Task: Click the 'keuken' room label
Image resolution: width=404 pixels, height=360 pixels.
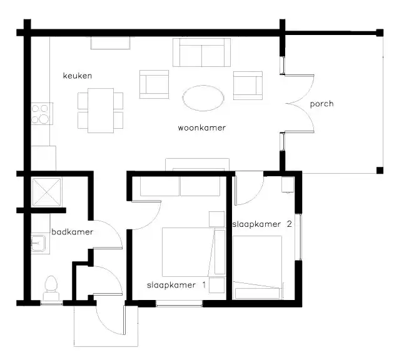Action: [x=78, y=76]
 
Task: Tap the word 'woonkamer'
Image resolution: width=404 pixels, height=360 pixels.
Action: [x=202, y=127]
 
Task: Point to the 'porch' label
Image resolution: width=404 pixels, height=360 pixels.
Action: [x=322, y=104]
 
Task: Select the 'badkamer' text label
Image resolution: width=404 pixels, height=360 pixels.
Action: [x=72, y=232]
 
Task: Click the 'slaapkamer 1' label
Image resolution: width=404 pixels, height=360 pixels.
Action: [x=176, y=285]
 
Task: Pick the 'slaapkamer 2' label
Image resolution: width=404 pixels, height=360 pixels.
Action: [x=262, y=224]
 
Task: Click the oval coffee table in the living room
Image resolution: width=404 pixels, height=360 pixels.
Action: [x=203, y=98]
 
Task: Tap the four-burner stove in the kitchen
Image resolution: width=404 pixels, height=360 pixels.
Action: [x=42, y=114]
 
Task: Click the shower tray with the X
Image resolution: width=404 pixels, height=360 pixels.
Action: [x=47, y=192]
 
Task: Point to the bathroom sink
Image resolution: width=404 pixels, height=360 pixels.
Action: [x=38, y=243]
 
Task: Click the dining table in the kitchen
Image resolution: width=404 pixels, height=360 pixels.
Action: [x=101, y=111]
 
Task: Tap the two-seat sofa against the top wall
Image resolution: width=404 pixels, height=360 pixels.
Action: [x=202, y=52]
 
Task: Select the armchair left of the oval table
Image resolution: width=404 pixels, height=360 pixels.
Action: [x=154, y=84]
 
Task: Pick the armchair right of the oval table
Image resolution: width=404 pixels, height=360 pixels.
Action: [x=248, y=86]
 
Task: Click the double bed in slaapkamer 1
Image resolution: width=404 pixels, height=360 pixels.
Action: [x=188, y=252]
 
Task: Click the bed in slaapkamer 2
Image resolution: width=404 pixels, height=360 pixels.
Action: [x=257, y=267]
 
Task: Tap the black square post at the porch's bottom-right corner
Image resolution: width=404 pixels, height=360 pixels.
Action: [x=380, y=171]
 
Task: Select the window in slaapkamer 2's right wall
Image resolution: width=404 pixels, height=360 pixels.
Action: [x=299, y=237]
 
